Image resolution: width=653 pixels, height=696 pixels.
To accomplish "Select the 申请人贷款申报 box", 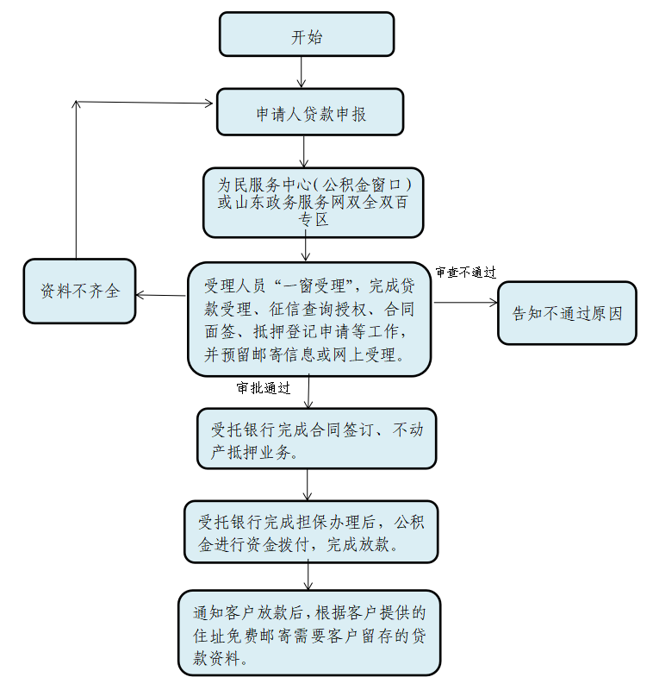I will (x=309, y=112).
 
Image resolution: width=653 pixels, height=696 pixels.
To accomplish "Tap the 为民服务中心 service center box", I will (x=313, y=202).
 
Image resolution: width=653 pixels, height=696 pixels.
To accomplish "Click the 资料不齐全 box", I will (x=79, y=292).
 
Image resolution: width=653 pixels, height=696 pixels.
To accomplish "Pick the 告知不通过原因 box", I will (x=566, y=313).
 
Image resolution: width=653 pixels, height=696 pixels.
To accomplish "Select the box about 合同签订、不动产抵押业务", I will (x=316, y=438).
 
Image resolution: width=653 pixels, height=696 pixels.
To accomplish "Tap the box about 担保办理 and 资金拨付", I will (x=311, y=532).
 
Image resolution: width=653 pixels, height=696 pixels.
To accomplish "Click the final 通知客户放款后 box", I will (x=309, y=636).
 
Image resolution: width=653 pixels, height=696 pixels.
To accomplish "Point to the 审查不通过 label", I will (x=465, y=273).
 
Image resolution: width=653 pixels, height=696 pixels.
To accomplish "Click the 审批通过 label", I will (x=264, y=388).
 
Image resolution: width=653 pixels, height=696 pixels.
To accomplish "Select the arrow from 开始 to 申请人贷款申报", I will (x=301, y=72).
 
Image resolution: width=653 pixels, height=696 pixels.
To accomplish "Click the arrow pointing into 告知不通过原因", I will (x=466, y=302).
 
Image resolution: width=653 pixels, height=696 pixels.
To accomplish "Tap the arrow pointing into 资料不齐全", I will (x=161, y=296).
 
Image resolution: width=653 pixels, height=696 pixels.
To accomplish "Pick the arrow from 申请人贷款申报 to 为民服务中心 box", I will (x=304, y=152).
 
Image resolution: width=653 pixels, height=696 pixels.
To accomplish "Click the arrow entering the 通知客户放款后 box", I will (x=308, y=576).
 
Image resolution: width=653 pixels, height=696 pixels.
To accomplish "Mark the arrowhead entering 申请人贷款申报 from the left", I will (x=208, y=104).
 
